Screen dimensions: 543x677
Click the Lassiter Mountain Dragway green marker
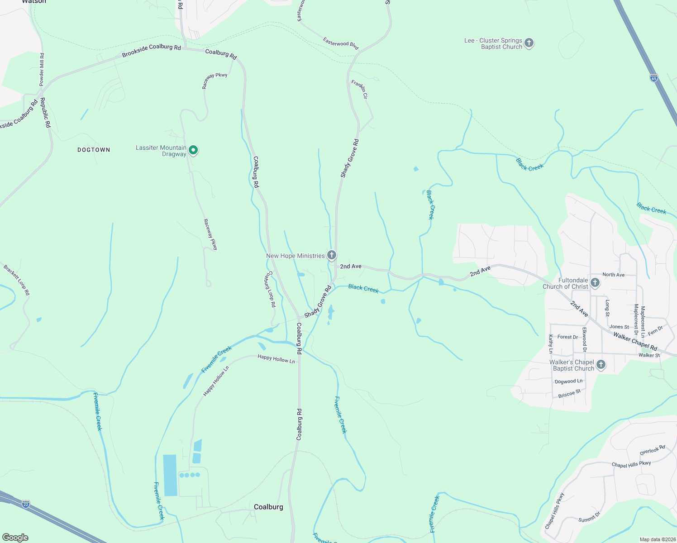point(193,150)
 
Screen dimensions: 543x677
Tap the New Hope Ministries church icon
point(332,255)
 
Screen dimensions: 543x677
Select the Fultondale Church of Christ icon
point(595,283)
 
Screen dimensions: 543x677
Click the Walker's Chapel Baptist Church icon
point(601,365)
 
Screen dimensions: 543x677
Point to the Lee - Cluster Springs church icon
point(529,43)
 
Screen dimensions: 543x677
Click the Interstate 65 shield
point(653,78)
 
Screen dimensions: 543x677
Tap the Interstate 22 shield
point(26,504)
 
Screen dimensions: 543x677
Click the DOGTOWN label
point(94,150)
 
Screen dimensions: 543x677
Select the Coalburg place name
point(268,507)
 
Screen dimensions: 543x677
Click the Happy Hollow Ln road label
point(276,359)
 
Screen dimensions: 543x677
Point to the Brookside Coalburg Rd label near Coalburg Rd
point(151,50)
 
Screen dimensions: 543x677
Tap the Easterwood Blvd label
point(341,43)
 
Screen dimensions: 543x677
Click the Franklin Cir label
point(360,89)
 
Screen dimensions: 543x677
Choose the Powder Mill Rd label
point(42,69)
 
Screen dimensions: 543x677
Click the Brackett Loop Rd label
point(17,280)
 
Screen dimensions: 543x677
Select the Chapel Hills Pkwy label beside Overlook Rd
point(631,464)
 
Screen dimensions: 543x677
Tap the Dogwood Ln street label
point(568,381)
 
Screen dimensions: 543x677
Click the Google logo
point(15,537)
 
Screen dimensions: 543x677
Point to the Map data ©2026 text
point(657,539)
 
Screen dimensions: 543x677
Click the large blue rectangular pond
point(170,475)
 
